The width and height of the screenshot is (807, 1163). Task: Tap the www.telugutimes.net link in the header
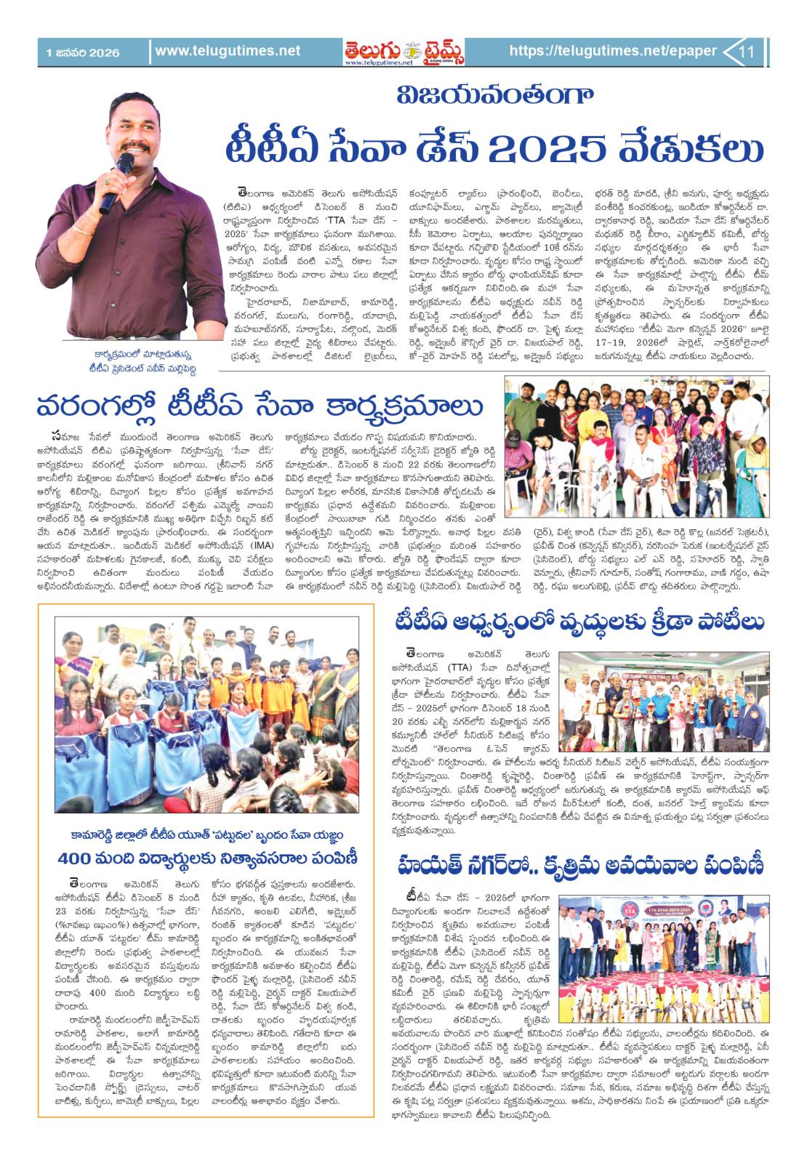point(228,51)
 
